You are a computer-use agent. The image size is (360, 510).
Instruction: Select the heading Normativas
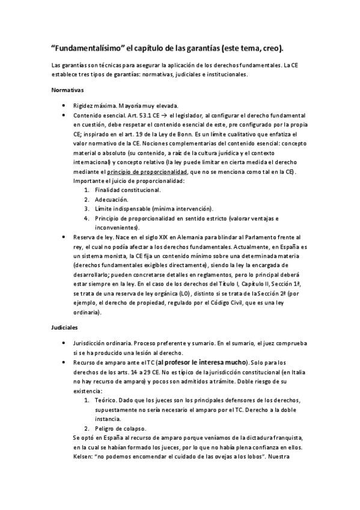pos(67,90)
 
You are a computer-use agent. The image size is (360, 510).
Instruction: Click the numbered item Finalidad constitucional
pos(127,190)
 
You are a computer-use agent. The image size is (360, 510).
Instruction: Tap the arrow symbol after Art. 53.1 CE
pos(162,115)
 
